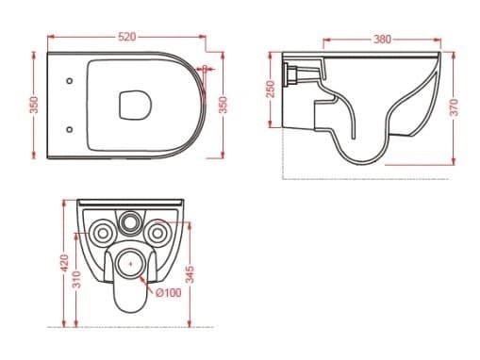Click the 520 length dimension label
pos(127,37)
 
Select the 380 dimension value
pos(381,40)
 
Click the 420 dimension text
pos(63,262)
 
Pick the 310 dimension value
pos(77,279)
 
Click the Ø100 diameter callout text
pos(168,293)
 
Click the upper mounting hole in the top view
pos(72,81)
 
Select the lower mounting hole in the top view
pos(72,125)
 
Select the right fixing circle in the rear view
pos(158,231)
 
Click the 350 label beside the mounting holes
pos(35,104)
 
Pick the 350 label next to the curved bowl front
pos(223,104)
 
